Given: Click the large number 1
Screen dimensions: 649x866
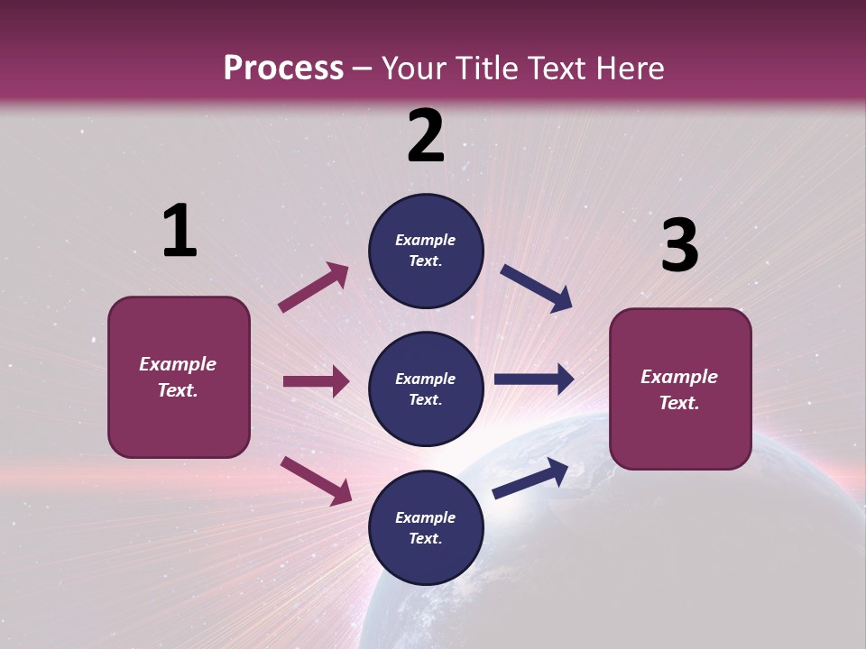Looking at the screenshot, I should [180, 232].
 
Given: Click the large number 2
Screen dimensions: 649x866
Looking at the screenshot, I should [426, 136].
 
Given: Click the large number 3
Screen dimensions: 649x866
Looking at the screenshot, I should [679, 245].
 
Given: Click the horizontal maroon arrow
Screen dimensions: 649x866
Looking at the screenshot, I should [316, 381].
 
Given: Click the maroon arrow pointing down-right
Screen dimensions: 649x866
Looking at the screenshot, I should [316, 480].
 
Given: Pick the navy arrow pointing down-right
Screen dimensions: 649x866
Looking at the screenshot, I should [536, 288].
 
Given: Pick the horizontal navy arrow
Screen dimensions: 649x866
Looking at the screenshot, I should [533, 379].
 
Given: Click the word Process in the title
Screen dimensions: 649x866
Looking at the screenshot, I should [283, 68].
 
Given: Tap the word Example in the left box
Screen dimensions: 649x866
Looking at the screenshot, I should [178, 364].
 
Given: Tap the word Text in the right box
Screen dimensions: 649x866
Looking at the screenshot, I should [678, 403].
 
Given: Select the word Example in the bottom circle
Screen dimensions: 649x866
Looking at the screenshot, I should [426, 517].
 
